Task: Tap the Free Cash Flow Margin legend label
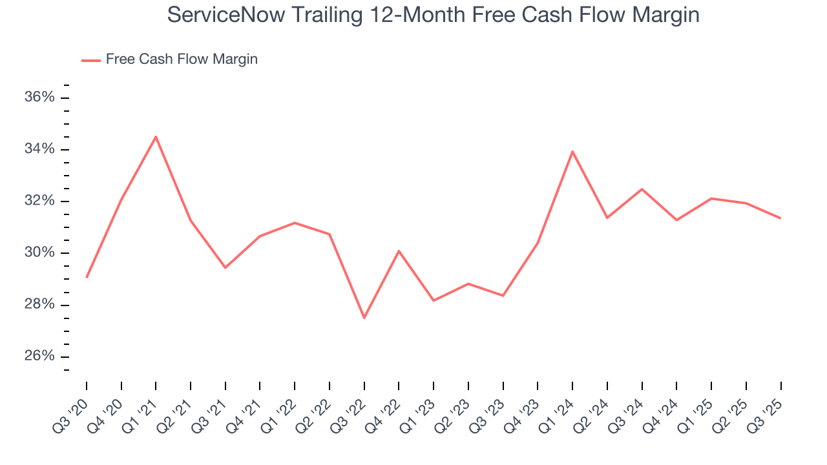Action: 182,59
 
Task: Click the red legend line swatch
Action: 91,60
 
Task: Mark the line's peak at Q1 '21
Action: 156,136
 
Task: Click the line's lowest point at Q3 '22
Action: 364,318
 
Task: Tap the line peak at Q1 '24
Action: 572,151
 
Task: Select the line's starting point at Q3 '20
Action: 87,278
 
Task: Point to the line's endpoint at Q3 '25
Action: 780,218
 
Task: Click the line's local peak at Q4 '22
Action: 399,251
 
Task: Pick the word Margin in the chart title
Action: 668,14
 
